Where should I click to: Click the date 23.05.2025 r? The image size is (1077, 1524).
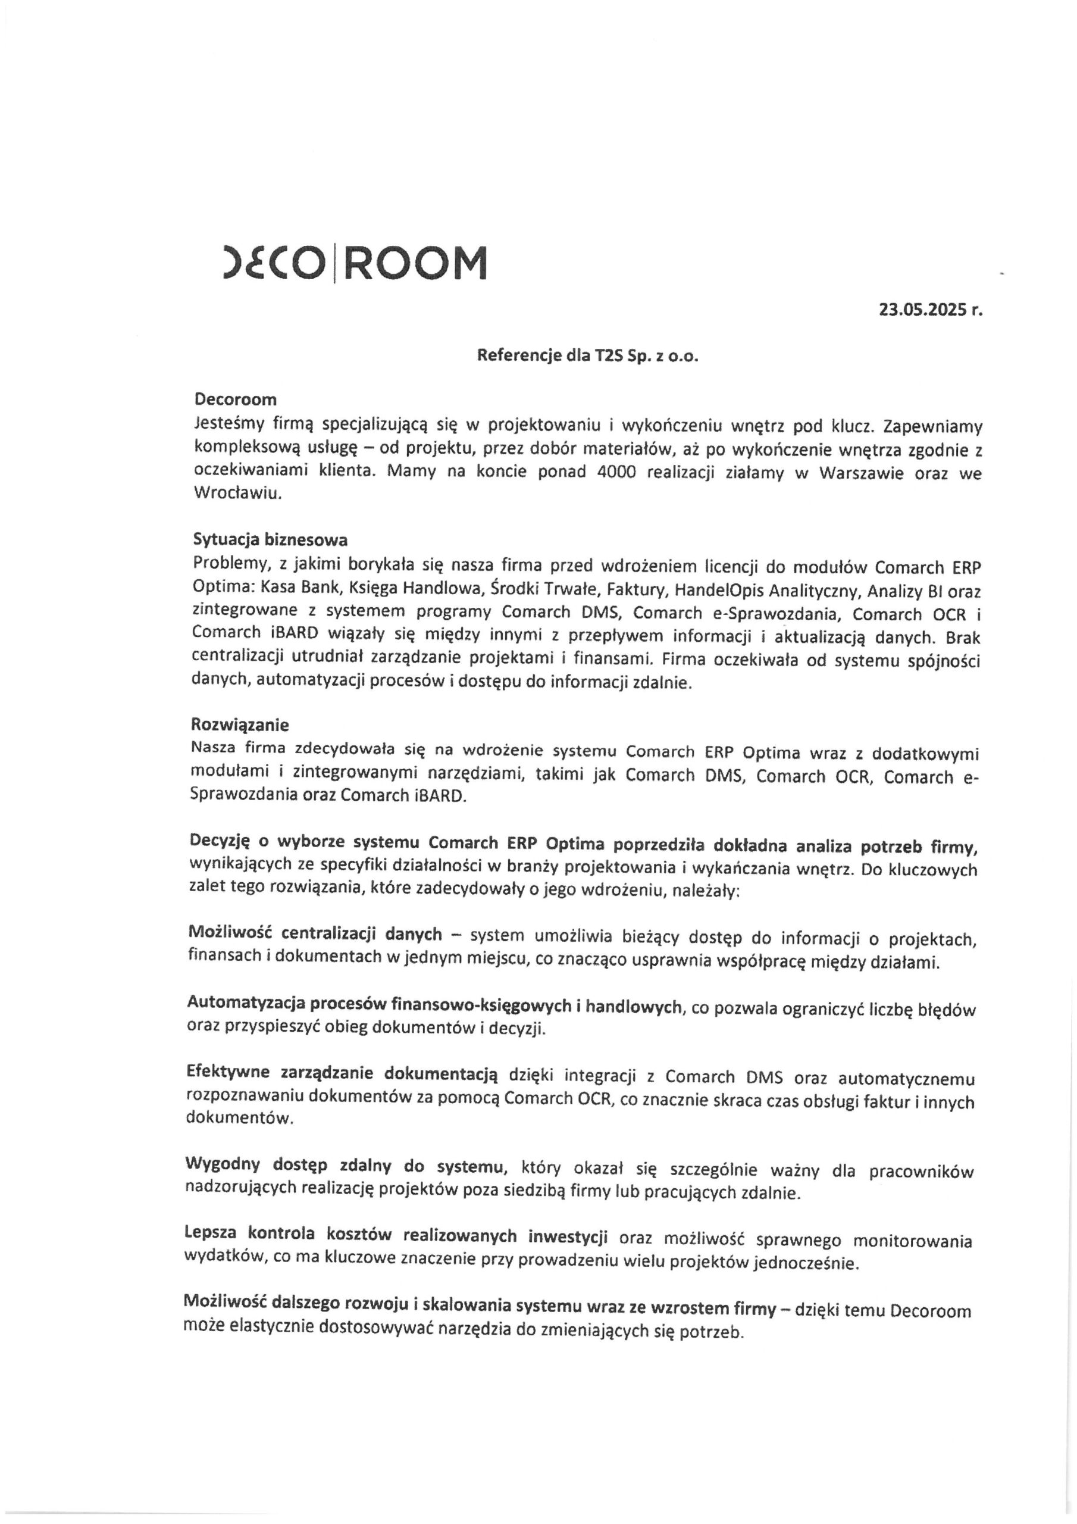pos(929,310)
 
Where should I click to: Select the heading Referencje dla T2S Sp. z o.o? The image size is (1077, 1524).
pos(588,356)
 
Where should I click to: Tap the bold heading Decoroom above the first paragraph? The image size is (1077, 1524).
pos(235,399)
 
